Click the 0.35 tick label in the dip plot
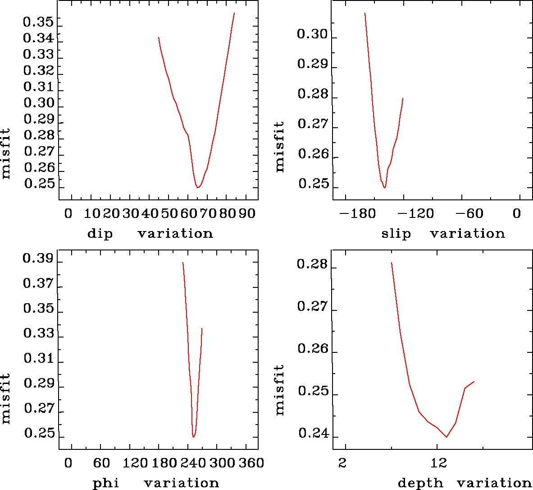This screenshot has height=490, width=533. pos(38,22)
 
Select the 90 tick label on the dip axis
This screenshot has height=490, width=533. pos(247,213)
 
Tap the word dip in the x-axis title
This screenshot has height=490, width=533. pos(100,234)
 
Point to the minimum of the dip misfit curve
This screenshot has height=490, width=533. pos(198,187)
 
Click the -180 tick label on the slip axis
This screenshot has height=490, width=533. pos(357,213)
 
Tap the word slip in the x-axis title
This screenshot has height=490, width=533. pos(396,234)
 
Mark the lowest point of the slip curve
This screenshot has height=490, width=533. pos(384,188)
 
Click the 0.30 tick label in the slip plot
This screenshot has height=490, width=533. pos(312,34)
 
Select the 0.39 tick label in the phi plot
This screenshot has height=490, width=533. pos(38,259)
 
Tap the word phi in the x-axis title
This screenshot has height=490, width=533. pos(106,483)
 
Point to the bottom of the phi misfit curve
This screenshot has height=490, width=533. pos(193,437)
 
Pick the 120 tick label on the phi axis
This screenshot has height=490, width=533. pos(136,463)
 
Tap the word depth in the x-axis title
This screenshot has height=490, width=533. pos(420,483)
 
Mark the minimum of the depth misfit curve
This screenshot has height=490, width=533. pos(446,437)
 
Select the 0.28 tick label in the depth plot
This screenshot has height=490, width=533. pos(312,264)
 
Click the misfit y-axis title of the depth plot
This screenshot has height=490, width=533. pos(280,390)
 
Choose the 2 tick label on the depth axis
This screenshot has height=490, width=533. pos(343,463)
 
